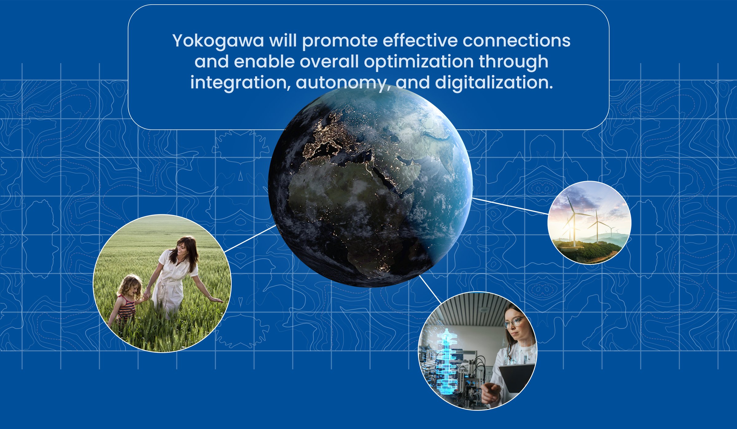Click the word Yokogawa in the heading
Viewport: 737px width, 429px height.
218,41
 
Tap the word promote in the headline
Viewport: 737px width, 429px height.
340,41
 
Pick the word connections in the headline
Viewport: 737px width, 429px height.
516,41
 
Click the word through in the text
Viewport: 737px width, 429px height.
513,62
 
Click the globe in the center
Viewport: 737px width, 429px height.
370,186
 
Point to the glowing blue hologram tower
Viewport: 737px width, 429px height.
446,361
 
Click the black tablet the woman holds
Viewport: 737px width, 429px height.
517,378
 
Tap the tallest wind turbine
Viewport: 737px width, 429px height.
573,221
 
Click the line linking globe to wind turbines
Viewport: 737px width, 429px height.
510,206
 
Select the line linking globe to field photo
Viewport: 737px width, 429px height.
250,238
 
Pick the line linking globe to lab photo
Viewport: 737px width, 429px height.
430,289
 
